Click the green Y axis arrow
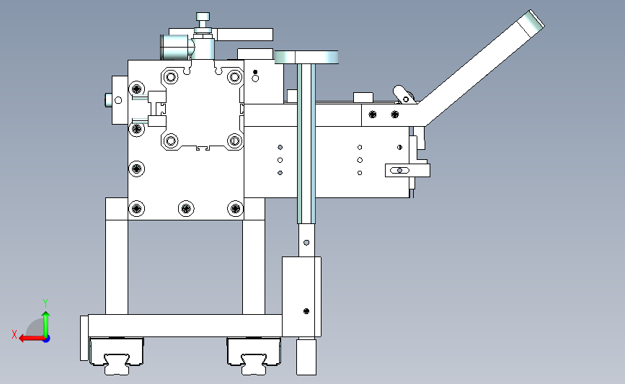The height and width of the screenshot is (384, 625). [x=46, y=324]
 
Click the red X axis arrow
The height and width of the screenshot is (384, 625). [x=32, y=339]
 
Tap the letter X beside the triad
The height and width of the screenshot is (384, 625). [x=14, y=334]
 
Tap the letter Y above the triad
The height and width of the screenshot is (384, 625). [x=45, y=303]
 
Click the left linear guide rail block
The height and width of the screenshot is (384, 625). [x=116, y=356]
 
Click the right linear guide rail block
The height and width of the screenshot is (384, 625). [x=254, y=356]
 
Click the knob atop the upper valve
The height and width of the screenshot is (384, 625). [x=203, y=17]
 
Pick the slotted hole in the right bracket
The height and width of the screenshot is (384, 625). [x=399, y=171]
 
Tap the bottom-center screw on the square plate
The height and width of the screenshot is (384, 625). [x=186, y=208]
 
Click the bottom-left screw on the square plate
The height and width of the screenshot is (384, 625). [x=137, y=208]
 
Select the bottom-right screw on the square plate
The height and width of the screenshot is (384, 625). [x=235, y=208]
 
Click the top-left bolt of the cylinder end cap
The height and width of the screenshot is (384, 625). [x=171, y=77]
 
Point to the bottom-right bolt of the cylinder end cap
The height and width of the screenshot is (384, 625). [x=234, y=140]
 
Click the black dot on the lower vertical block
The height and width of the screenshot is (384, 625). [x=306, y=311]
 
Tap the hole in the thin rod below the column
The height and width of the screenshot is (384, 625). [x=306, y=243]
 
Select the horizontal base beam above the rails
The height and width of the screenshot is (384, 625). [x=185, y=326]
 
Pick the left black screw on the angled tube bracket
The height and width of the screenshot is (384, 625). [x=372, y=115]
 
